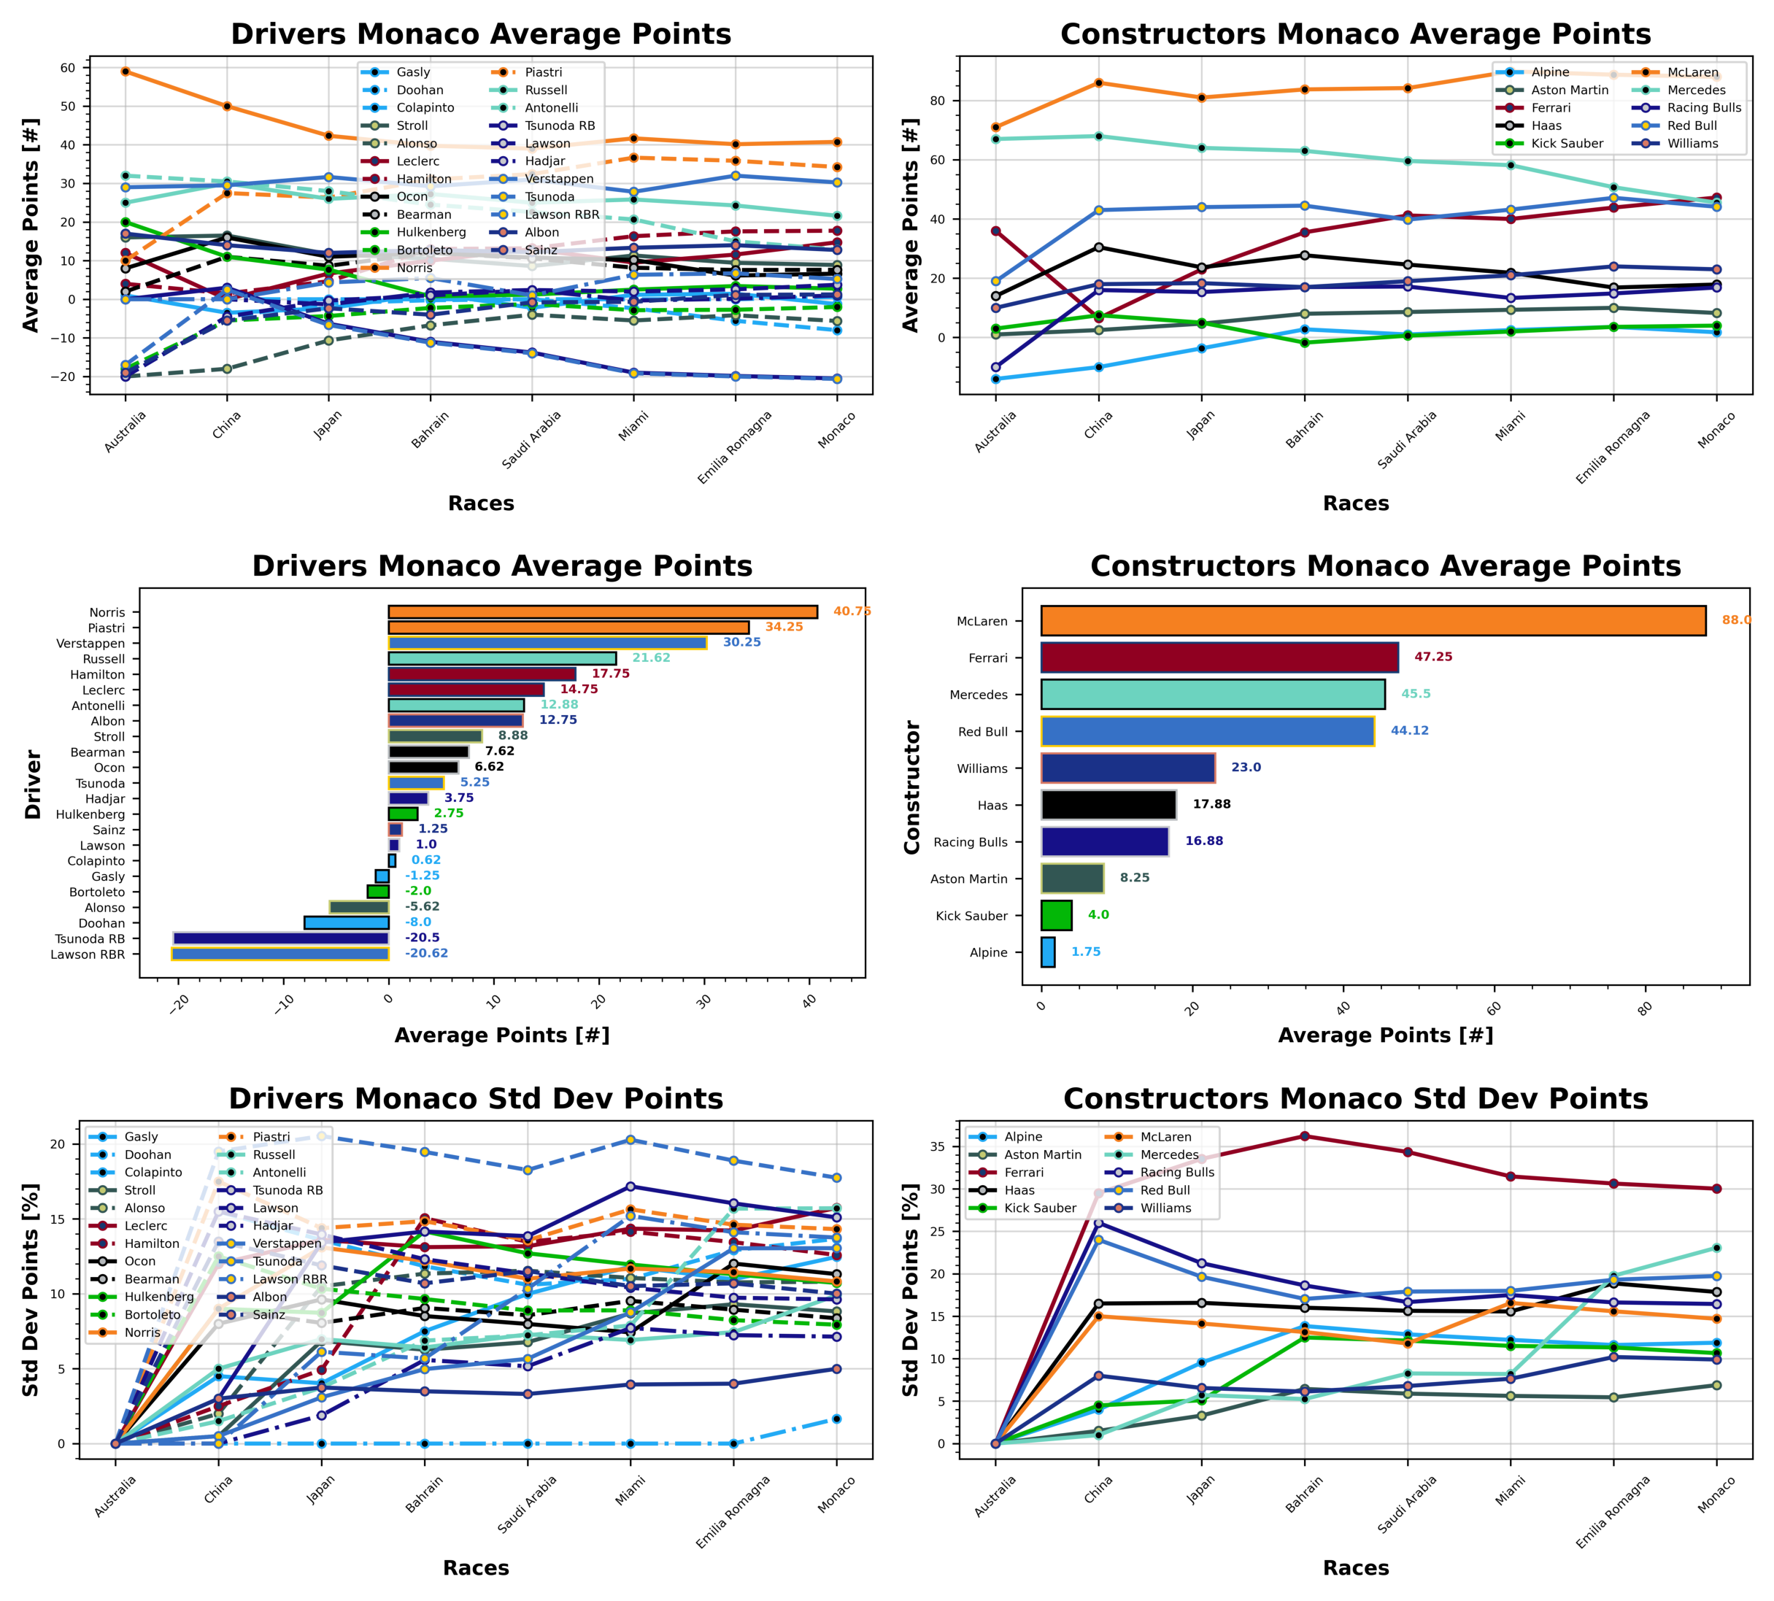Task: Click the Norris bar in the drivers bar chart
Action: click(x=603, y=612)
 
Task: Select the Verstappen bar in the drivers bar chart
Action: click(x=547, y=643)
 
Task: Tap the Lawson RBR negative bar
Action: click(x=279, y=954)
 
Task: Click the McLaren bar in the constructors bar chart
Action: click(x=1372, y=620)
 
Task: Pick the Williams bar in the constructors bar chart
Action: click(x=1127, y=768)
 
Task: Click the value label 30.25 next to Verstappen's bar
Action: click(x=741, y=642)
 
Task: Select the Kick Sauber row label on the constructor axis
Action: click(x=971, y=916)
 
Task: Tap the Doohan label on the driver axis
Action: click(x=102, y=923)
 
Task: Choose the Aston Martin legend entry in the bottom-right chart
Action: click(x=1042, y=1154)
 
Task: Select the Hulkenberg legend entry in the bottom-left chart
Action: click(x=158, y=1297)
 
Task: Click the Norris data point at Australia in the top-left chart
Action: click(x=126, y=72)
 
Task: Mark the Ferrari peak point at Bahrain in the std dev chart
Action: click(x=1304, y=1135)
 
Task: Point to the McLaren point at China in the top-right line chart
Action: click(x=1098, y=82)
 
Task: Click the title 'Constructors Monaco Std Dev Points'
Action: click(x=1355, y=1099)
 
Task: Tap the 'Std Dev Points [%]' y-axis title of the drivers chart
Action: click(x=31, y=1289)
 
